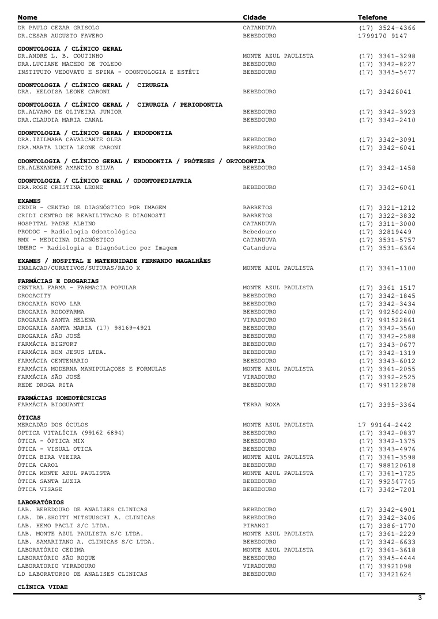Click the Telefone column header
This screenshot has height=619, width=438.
(x=372, y=17)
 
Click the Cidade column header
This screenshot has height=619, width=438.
(x=254, y=17)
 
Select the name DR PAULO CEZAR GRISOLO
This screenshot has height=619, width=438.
(x=58, y=28)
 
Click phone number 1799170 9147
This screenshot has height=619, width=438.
(x=383, y=36)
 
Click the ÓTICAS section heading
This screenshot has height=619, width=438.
(x=29, y=418)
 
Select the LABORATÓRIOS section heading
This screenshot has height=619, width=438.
(x=41, y=503)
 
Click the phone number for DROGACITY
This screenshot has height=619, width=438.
(x=387, y=296)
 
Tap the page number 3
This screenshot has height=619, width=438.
(x=420, y=598)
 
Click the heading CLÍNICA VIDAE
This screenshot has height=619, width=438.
(x=43, y=587)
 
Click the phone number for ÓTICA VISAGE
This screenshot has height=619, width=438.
(x=387, y=490)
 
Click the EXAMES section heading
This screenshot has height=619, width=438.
(x=29, y=201)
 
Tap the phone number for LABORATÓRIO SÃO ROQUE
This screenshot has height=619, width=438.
(x=387, y=559)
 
